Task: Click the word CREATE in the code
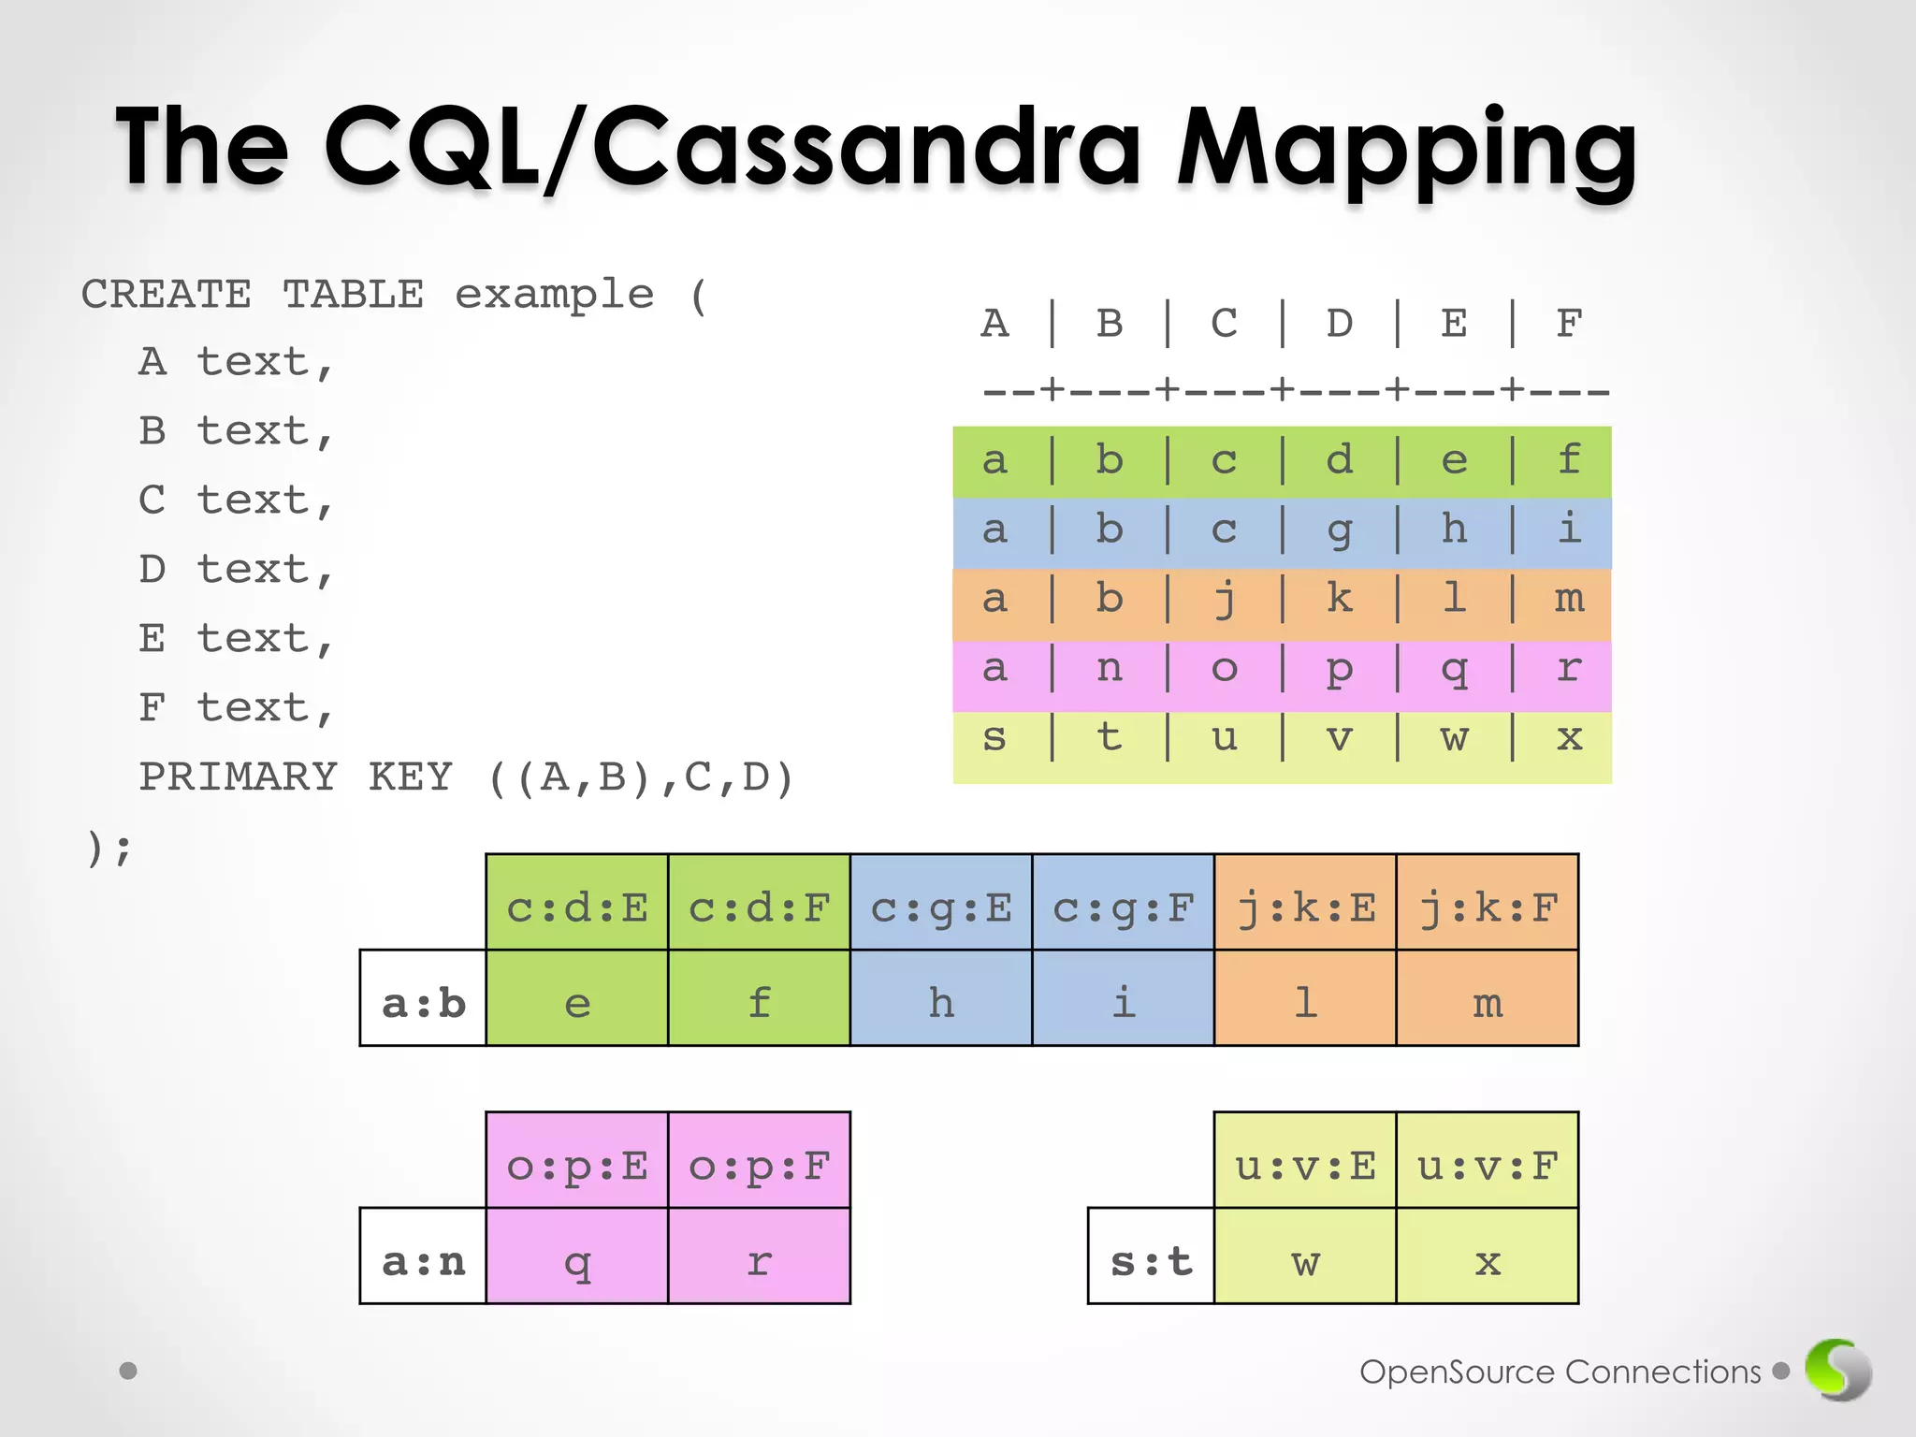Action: coord(167,295)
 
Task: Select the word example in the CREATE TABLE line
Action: coord(554,295)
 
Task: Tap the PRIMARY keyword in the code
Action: coord(238,777)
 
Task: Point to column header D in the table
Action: coord(1340,324)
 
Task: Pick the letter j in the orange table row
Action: coord(1225,600)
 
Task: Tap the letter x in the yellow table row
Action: coord(1569,738)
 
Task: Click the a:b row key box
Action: coord(423,998)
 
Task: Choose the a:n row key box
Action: coord(423,1256)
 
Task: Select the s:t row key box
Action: coord(1151,1256)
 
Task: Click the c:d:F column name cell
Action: coord(759,903)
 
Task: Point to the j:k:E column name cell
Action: coord(1305,903)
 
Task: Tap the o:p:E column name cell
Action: coord(577,1161)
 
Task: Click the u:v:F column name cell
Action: coord(1488,1161)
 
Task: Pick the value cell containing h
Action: coord(941,998)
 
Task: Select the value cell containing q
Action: coord(577,1256)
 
